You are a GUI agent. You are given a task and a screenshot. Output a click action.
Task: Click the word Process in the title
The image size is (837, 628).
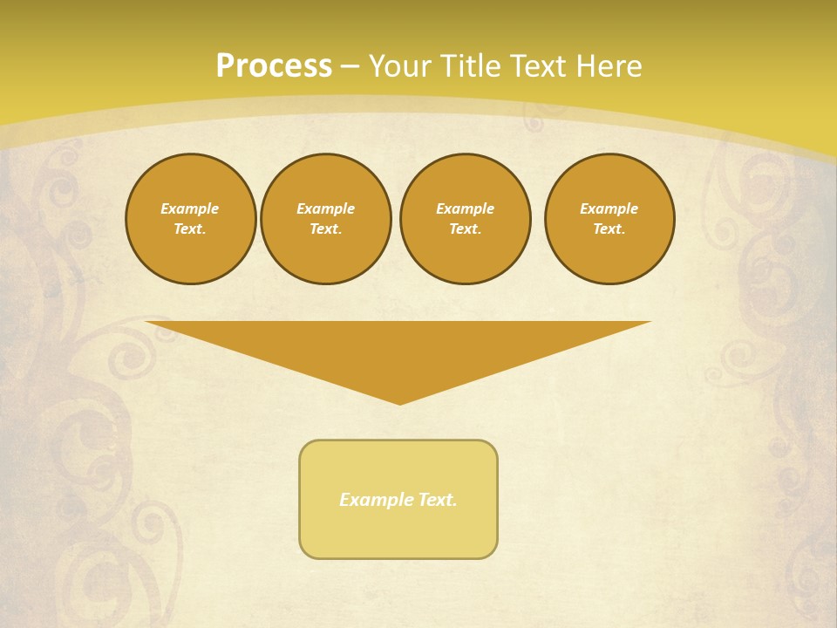click(274, 66)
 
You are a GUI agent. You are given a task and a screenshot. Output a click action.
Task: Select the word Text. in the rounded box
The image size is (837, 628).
click(438, 500)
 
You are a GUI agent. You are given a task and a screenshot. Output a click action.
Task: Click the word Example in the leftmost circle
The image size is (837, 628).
click(190, 208)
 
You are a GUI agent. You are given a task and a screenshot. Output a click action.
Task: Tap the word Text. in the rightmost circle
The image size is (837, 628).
click(609, 229)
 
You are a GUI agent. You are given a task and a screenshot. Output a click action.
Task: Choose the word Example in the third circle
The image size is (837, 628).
click(466, 208)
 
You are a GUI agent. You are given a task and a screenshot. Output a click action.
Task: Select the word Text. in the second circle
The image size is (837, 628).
click(326, 229)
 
